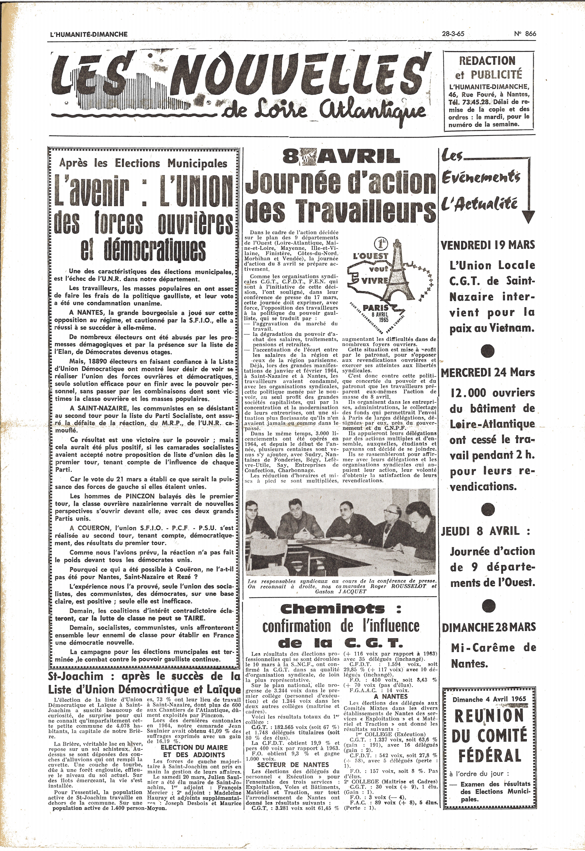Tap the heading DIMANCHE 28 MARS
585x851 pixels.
point(489,627)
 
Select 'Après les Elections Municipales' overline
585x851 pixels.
point(143,163)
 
